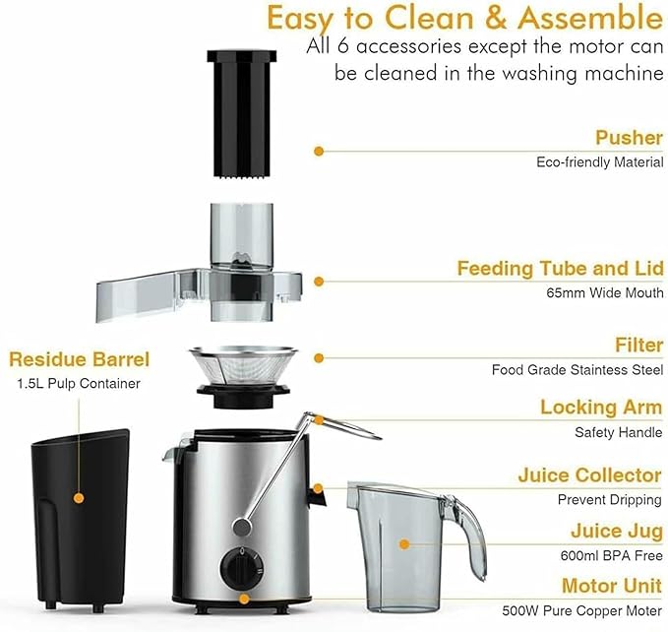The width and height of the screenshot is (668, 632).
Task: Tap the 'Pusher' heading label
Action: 629,137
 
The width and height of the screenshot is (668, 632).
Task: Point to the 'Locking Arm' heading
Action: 601,408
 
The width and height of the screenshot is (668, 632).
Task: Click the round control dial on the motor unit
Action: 238,566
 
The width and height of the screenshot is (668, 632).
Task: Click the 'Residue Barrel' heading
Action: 79,359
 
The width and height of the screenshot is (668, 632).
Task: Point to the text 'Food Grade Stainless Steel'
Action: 577,370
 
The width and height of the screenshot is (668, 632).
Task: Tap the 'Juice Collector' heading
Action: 589,475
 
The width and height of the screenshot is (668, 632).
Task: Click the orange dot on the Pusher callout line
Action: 319,151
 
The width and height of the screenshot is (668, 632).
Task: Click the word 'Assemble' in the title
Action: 588,18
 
